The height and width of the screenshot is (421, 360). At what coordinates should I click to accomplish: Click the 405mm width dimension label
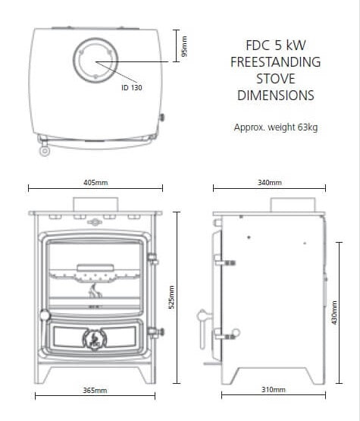[95, 183]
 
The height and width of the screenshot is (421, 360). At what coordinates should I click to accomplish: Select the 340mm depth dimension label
[270, 183]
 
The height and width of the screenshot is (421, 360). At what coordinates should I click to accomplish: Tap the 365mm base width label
[95, 390]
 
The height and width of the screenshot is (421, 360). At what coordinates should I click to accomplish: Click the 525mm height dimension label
[171, 297]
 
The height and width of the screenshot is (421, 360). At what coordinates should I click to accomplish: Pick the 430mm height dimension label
[334, 312]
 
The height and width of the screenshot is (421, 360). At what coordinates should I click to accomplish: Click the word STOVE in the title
[275, 80]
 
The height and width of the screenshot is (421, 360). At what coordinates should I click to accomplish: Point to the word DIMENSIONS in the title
[275, 96]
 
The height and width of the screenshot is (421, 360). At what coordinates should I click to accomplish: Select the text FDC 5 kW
[275, 46]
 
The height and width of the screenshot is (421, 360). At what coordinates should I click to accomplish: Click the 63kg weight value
[307, 127]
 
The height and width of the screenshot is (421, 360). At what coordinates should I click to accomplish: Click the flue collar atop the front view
[95, 204]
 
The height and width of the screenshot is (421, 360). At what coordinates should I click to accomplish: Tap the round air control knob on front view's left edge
[45, 314]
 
